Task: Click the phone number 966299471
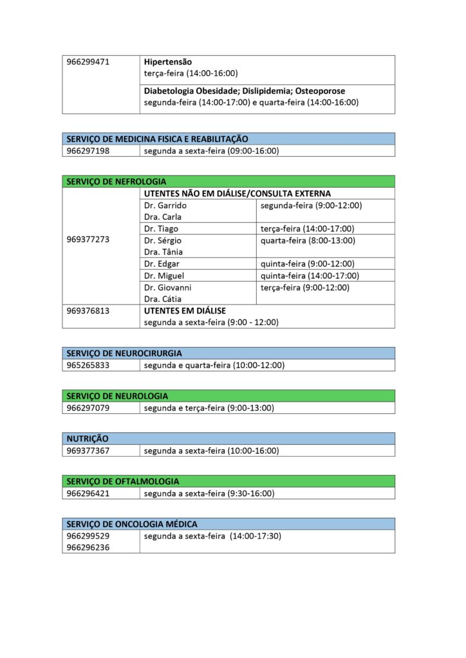[88, 62]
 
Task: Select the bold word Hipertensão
[168, 62]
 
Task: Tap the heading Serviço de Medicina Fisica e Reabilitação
[158, 139]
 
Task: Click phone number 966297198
[88, 151]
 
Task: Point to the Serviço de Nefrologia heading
[116, 182]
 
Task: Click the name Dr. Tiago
[162, 229]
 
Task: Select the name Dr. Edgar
[162, 263]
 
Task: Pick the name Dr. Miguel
[164, 276]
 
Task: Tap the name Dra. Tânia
[163, 252]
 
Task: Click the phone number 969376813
[88, 310]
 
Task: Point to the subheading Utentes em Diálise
[185, 310]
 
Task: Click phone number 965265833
[88, 365]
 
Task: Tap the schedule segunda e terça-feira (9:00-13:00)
[209, 408]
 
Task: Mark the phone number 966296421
[88, 493]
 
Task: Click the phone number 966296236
[88, 547]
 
